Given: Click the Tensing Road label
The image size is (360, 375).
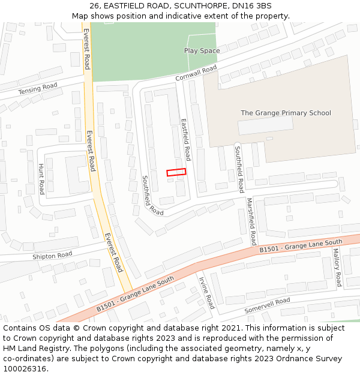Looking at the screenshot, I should point(37,89).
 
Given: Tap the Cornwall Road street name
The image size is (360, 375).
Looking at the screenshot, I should point(196,74).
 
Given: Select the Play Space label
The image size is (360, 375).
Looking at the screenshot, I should point(202,51).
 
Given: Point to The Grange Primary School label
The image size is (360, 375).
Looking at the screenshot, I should point(286,113).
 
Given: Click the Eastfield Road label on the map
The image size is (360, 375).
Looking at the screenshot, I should point(186,139).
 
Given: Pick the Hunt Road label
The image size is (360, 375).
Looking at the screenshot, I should point(41,179).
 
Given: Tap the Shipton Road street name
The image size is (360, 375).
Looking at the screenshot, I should point(53,255).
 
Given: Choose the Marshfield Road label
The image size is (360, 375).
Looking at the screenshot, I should point(251,217).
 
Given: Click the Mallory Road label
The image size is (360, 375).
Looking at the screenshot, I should point(337,267).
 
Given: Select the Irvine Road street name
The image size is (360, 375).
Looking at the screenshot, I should point(206,292).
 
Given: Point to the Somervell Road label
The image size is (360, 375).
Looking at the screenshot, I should point(267,305).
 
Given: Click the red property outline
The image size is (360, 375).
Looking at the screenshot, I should point(176,172).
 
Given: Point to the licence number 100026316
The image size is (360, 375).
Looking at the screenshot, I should point(25,369).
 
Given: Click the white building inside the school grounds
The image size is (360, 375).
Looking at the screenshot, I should point(265,125).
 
